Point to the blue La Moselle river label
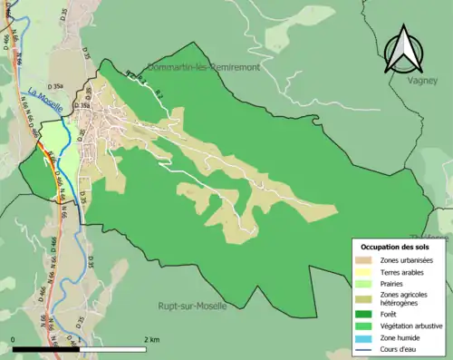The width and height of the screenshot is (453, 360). pyautogui.click(x=44, y=99)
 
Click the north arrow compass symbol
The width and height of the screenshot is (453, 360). pyautogui.click(x=402, y=50)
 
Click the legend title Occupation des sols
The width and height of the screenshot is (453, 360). pyautogui.click(x=397, y=247)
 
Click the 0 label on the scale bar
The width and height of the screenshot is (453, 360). pyautogui.click(x=14, y=339)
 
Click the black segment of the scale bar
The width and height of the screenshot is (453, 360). pyautogui.click(x=46, y=349)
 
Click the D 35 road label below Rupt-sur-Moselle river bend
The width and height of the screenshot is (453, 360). pyautogui.click(x=92, y=263)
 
